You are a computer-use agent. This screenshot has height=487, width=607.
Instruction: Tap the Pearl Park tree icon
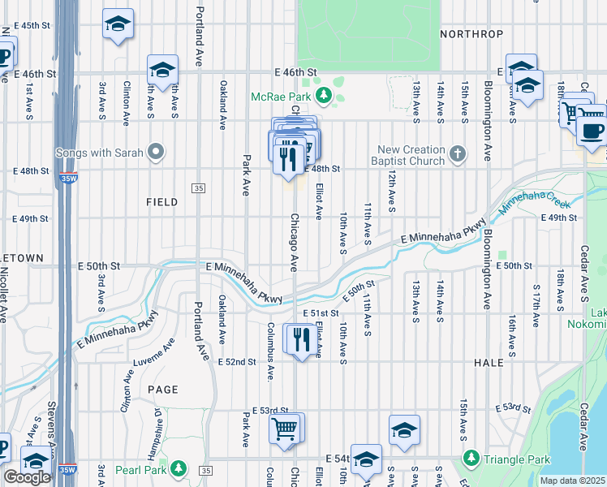tap(179, 468)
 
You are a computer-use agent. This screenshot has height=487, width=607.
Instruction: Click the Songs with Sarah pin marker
tap(157, 152)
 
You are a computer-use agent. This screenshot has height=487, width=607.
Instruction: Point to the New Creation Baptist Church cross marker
tap(458, 153)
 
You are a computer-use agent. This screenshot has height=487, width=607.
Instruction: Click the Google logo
tap(27, 477)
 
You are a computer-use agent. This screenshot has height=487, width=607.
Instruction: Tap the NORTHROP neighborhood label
tap(471, 34)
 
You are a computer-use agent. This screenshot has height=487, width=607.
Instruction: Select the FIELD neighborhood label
tap(161, 202)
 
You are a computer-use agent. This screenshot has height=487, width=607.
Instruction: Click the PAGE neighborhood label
tap(162, 390)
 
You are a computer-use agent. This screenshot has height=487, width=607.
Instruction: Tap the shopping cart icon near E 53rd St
tap(285, 428)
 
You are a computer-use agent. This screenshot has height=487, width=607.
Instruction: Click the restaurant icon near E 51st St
tap(299, 338)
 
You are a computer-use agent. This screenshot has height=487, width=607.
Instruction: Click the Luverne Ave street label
tap(154, 356)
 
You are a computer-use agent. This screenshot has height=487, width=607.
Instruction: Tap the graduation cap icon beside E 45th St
tap(118, 24)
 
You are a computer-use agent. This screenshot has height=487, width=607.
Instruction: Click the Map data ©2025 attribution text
tap(572, 481)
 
